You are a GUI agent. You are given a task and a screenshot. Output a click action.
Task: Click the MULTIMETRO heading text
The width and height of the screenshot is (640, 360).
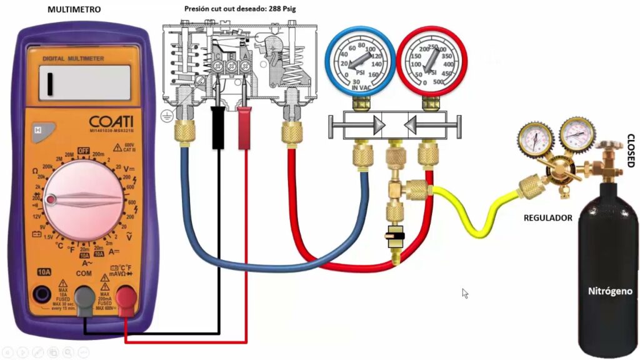coord(74,9)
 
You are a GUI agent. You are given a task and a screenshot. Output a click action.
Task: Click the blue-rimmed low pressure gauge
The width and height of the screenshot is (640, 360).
coord(359,61)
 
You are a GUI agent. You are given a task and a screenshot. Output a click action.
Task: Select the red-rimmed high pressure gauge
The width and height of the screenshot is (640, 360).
coord(432,61)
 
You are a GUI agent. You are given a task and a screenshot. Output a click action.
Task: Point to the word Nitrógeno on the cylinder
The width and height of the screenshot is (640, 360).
coord(608,291)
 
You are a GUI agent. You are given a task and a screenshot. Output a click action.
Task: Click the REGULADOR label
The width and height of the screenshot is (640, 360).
coord(548,217)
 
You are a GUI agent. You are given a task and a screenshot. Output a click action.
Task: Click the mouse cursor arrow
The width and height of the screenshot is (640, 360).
coord(465,292)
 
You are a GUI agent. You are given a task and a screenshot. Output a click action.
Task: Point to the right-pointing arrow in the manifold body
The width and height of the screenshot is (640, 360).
coord(377,126)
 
